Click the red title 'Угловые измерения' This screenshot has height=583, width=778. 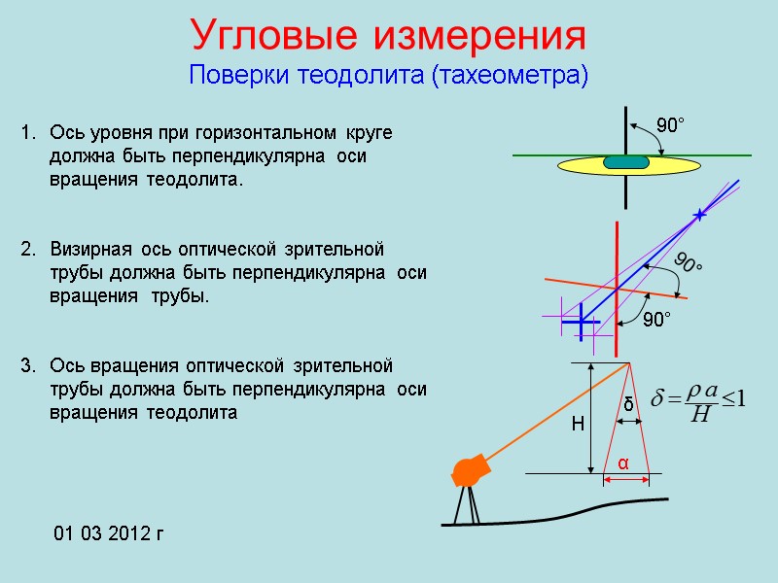pyautogui.click(x=389, y=37)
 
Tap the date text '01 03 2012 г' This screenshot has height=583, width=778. pyautogui.click(x=109, y=533)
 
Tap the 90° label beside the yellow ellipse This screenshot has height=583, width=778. pyautogui.click(x=670, y=125)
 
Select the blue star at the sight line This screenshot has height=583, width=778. pyautogui.click(x=697, y=214)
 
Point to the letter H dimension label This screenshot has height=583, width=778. pyautogui.click(x=577, y=425)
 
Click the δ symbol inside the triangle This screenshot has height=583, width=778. pyautogui.click(x=628, y=403)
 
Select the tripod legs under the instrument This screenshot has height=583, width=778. pyautogui.click(x=468, y=504)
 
